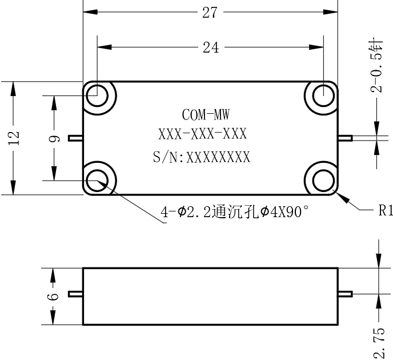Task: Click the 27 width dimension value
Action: (x=210, y=13)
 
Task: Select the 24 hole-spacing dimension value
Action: (x=211, y=47)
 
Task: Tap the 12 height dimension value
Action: (x=13, y=138)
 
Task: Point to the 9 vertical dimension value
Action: (x=54, y=139)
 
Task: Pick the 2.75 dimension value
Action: (x=379, y=342)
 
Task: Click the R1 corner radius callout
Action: (x=386, y=210)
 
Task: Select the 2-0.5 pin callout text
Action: (x=376, y=66)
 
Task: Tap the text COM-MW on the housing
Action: (x=206, y=114)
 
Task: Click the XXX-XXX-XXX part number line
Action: (x=203, y=134)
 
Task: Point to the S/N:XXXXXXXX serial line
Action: (x=202, y=157)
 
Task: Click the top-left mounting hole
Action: (x=97, y=95)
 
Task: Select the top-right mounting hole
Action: (x=323, y=95)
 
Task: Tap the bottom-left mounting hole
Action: (x=97, y=181)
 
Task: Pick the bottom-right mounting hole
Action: (x=323, y=181)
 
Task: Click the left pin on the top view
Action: (x=76, y=138)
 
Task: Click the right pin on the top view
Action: (x=345, y=138)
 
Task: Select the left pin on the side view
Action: (x=76, y=294)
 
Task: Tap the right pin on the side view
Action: (x=345, y=294)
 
